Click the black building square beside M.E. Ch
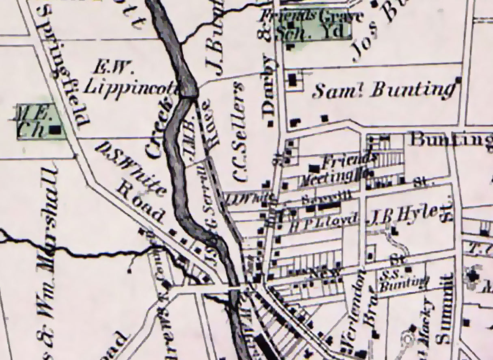tap(55, 130)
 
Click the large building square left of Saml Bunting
tap(294, 80)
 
